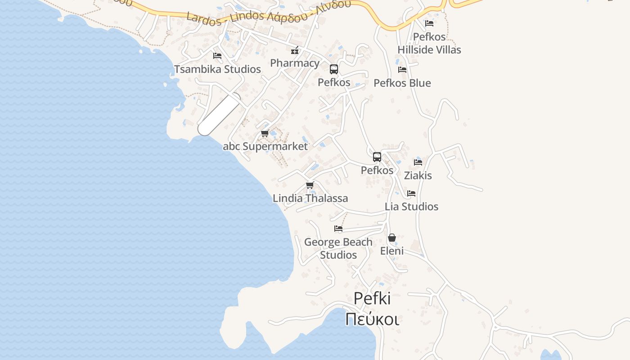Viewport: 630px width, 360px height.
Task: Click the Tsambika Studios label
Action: (217, 69)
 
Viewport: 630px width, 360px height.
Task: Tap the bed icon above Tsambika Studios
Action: (217, 56)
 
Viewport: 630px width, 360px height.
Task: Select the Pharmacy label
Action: (295, 63)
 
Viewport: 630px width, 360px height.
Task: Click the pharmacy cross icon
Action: (295, 50)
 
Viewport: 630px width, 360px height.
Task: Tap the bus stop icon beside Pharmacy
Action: (334, 69)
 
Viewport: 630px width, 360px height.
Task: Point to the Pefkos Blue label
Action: (402, 83)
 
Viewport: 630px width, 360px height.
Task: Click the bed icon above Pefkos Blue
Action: (402, 70)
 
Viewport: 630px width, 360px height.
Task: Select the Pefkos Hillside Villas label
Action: (429, 43)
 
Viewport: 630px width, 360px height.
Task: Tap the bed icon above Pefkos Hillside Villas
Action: (429, 23)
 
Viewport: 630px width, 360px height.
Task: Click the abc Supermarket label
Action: (265, 146)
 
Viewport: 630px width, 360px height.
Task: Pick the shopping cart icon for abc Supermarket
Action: (265, 134)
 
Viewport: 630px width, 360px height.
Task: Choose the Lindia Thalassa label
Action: (310, 198)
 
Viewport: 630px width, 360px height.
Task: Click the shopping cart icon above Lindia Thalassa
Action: (310, 185)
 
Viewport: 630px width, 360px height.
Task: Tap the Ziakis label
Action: (418, 175)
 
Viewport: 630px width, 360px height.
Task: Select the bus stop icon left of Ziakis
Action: (377, 157)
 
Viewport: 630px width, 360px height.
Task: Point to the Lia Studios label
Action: (411, 207)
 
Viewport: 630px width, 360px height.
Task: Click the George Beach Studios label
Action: (338, 248)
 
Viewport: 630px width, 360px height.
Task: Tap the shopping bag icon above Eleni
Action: (392, 238)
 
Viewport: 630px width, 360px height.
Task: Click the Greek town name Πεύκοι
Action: (372, 319)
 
